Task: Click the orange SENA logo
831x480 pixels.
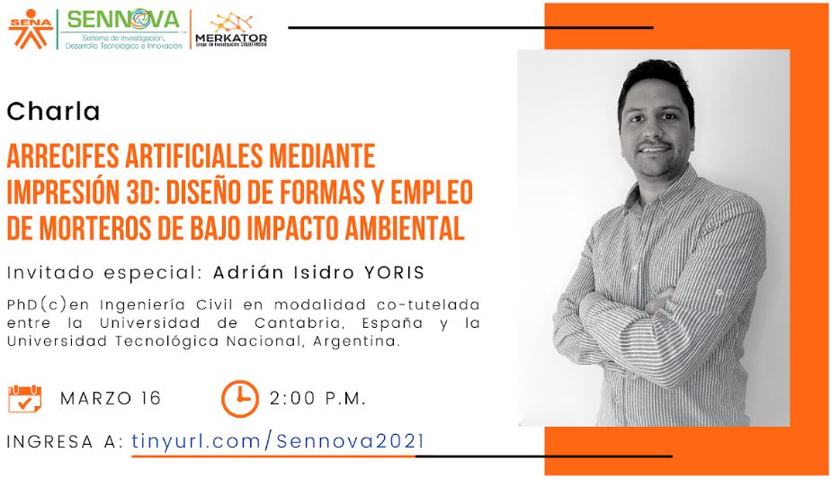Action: (31, 29)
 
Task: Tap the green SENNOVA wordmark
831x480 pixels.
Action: (123, 20)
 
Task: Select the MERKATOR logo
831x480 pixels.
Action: (231, 31)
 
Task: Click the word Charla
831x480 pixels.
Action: (53, 112)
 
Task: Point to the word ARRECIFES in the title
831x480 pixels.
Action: (63, 156)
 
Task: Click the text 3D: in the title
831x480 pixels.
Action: (143, 192)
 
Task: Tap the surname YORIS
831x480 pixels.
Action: (394, 273)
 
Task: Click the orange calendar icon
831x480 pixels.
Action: (24, 399)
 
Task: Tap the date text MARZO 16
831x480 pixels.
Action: (111, 398)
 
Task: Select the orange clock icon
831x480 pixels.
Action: (239, 398)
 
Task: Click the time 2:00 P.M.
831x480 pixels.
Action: (317, 398)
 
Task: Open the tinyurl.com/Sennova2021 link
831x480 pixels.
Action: (278, 441)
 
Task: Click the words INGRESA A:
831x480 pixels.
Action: (65, 442)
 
